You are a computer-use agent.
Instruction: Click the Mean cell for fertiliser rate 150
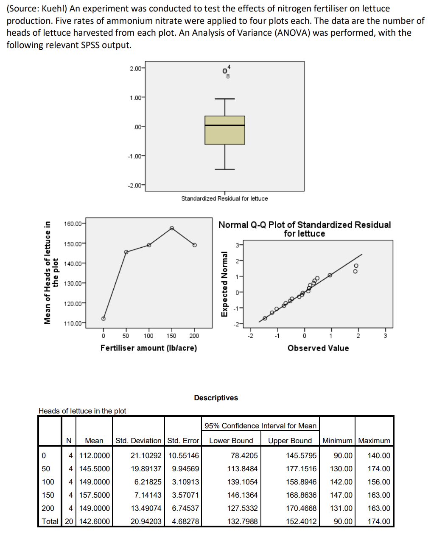tap(94, 495)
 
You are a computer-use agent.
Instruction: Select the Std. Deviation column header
tap(138, 441)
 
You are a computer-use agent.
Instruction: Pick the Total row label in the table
tap(50, 521)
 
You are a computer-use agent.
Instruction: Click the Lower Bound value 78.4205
tap(244, 456)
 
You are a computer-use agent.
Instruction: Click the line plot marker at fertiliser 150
tap(172, 228)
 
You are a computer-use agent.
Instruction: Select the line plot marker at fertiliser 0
tap(103, 318)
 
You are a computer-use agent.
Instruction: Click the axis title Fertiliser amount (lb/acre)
tap(148, 348)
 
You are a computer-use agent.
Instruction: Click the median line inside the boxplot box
tap(225, 125)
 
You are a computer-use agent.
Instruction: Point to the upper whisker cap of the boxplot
tap(225, 99)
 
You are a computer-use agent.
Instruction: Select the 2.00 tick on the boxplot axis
tap(136, 68)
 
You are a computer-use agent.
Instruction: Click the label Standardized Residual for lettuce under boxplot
tap(224, 198)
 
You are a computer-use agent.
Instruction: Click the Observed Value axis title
tap(318, 348)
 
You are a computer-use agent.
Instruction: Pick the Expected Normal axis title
tap(224, 284)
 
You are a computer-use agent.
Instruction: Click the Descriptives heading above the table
tap(216, 398)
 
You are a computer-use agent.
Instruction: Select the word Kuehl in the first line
tap(53, 8)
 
